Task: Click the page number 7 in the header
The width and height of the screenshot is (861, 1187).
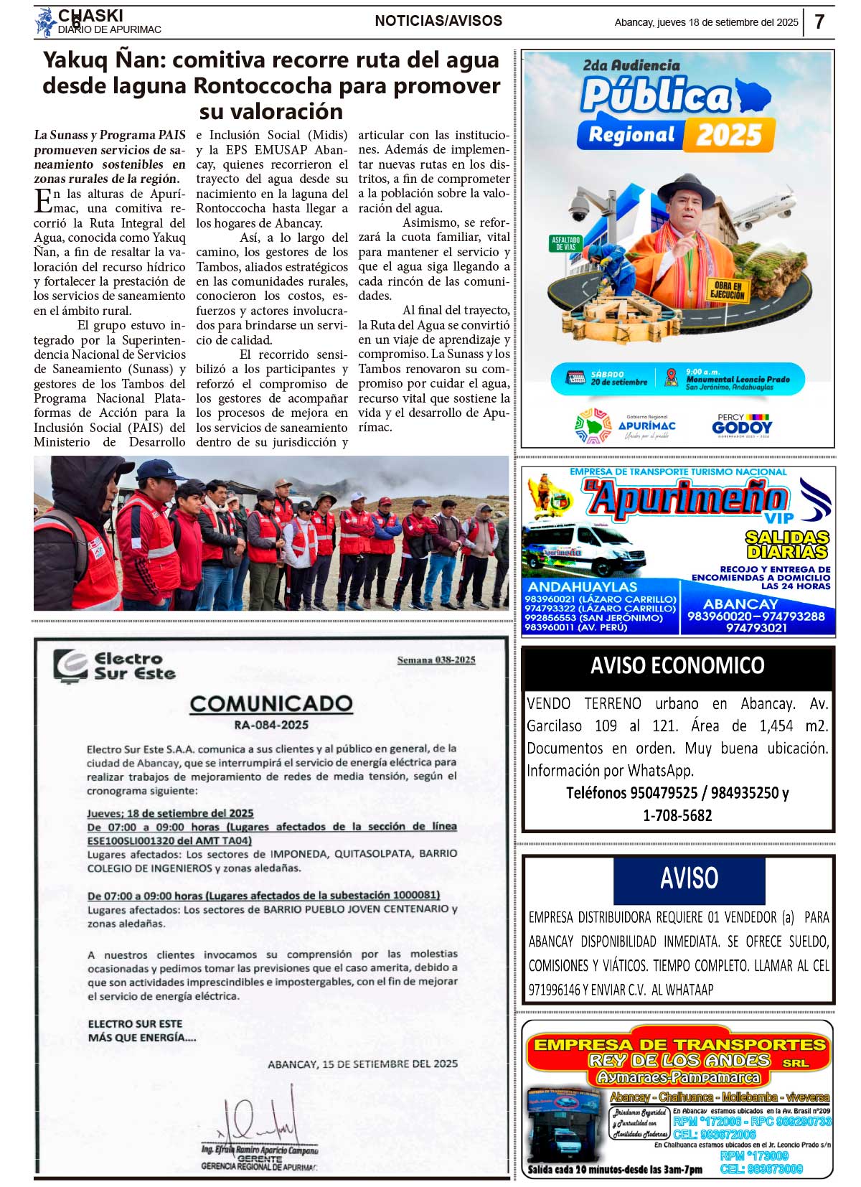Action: pyautogui.click(x=819, y=22)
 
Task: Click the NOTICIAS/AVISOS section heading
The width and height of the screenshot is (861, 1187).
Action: pyautogui.click(x=438, y=22)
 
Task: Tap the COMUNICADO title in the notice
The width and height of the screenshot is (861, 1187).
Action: pyautogui.click(x=271, y=703)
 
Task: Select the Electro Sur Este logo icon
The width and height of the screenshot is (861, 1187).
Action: pyautogui.click(x=70, y=666)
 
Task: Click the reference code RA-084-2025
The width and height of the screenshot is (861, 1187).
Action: pyautogui.click(x=271, y=725)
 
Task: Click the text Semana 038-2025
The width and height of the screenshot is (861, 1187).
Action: pyautogui.click(x=436, y=660)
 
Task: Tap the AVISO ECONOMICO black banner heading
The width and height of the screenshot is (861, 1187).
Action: pyautogui.click(x=677, y=666)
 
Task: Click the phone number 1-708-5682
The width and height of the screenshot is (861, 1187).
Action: pyautogui.click(x=677, y=815)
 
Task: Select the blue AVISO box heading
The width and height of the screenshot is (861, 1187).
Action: pyautogui.click(x=689, y=878)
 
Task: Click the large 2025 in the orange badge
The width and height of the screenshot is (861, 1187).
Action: pyautogui.click(x=729, y=135)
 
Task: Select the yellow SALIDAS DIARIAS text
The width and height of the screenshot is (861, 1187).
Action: pyautogui.click(x=787, y=545)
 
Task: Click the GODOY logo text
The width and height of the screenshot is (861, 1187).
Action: pyautogui.click(x=742, y=428)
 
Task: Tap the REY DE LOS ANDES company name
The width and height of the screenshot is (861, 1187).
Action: pyautogui.click(x=679, y=1061)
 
